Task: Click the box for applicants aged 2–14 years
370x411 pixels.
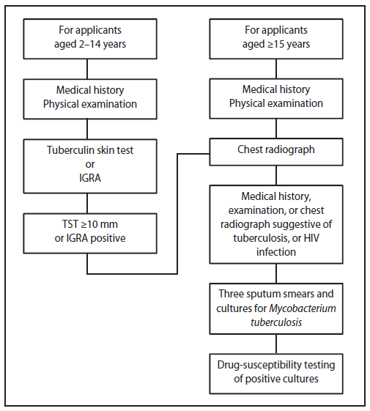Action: click(x=87, y=38)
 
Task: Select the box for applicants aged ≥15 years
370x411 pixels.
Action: click(x=275, y=38)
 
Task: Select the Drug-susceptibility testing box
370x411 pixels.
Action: click(x=275, y=371)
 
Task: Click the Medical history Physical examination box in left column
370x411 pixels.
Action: click(x=87, y=97)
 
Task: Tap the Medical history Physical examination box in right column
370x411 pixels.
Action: click(x=275, y=97)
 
